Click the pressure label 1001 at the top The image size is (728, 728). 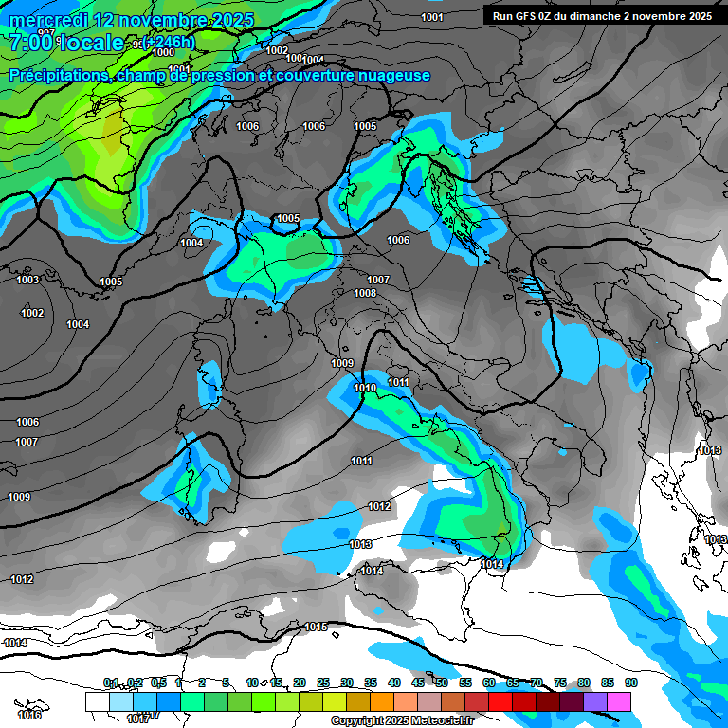point(432,17)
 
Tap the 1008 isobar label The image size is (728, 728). point(365,293)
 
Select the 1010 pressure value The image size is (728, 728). point(365,388)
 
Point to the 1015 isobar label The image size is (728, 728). point(316,627)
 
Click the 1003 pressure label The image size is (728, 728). point(27,280)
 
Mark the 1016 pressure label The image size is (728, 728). point(29,715)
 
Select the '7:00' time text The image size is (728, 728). point(29,43)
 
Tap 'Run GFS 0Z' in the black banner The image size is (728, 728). point(522,16)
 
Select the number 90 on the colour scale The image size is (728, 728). point(630,682)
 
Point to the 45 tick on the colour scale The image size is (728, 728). point(418,682)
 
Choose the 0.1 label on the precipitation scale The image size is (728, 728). point(111,682)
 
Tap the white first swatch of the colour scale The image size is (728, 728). point(97,701)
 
